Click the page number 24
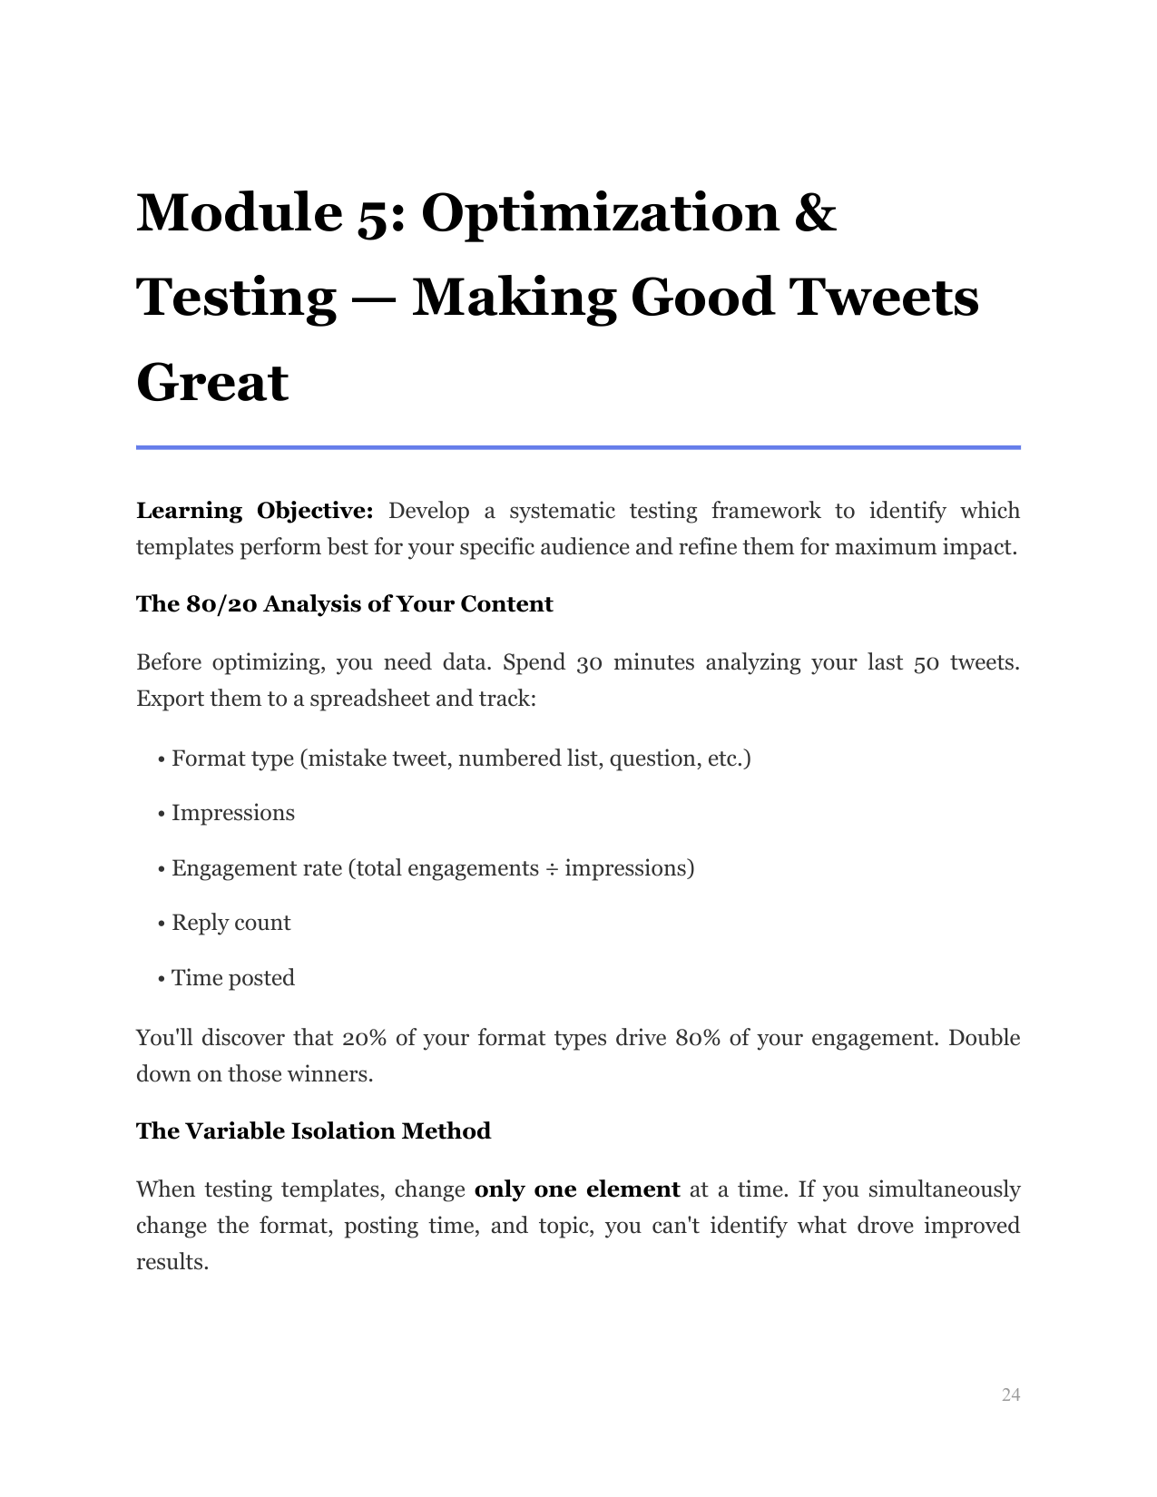1011,1394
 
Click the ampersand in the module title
814,212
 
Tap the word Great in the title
212,382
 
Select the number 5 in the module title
376,214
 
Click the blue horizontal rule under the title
578,447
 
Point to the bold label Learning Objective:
254,511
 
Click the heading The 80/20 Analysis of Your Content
344,604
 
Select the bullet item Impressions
233,813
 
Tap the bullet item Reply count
230,923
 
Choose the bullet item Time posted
232,978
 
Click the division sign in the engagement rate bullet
552,869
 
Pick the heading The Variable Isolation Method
313,1131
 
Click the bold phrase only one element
577,1189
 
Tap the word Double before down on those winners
984,1038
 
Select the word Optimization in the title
600,212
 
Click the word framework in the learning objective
766,511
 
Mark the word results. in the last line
172,1262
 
